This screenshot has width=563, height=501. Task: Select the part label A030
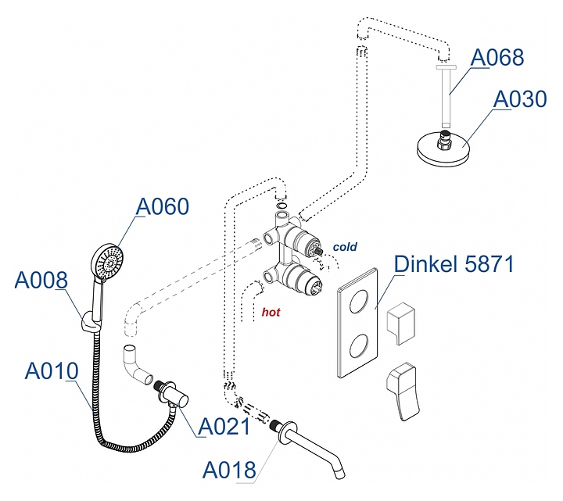[x=518, y=100]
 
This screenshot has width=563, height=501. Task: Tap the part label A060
[x=163, y=206]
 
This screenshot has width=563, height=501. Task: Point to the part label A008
[x=41, y=280]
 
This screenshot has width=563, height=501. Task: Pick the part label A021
[x=224, y=426]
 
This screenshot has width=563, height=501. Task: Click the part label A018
[x=229, y=470]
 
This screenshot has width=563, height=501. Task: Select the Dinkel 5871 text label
[x=454, y=264]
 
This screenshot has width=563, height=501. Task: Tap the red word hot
[x=271, y=312]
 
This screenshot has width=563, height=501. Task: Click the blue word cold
[x=345, y=247]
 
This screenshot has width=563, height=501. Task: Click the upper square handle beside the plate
[x=404, y=320]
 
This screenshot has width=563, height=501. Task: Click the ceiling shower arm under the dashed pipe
[x=445, y=98]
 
